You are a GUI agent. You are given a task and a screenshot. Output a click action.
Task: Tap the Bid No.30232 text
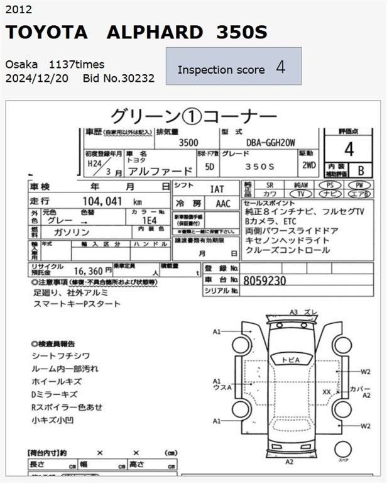coord(118,79)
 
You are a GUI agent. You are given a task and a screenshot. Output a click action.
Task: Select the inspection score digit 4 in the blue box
coord(280,68)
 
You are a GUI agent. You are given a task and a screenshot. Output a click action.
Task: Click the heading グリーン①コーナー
coord(193,116)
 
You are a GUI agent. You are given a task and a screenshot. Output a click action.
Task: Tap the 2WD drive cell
coord(308,166)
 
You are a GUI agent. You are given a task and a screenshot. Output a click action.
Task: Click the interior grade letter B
coord(360,170)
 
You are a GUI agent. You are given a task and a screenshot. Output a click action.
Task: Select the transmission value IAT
coord(217,188)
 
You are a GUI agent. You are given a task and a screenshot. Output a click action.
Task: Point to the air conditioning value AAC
coord(222,204)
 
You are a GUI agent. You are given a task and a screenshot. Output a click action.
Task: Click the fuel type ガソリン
coord(77,232)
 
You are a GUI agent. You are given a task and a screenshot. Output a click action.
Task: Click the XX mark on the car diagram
coord(327,391)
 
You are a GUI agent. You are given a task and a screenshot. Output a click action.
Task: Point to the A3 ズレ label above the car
coord(303,312)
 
